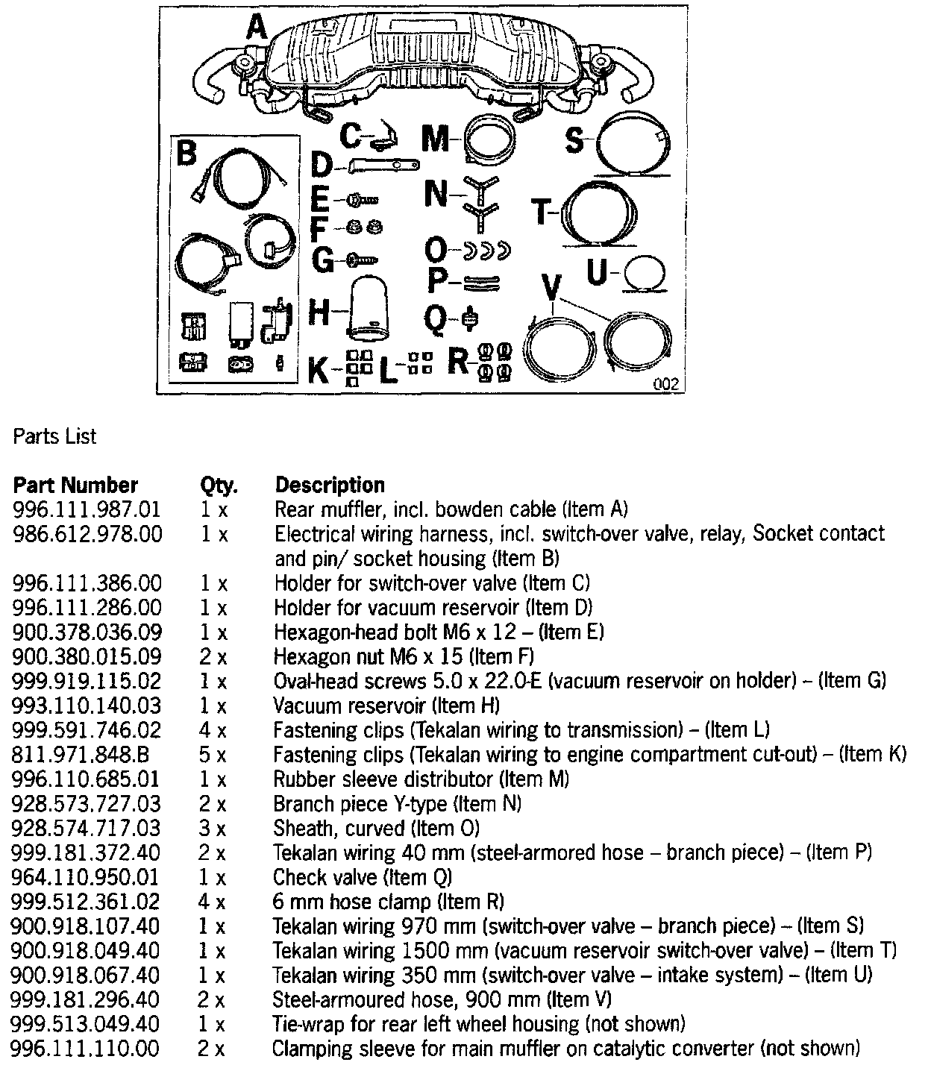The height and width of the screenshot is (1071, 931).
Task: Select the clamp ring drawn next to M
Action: pos(489,141)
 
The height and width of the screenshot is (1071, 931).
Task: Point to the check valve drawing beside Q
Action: pos(469,318)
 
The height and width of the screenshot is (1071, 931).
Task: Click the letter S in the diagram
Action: pos(574,139)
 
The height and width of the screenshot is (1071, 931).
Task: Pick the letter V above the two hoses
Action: pos(551,287)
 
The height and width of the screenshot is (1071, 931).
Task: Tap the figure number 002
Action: pos(665,384)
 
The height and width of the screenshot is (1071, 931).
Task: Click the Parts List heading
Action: pos(55,436)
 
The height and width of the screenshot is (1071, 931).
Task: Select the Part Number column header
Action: pos(75,486)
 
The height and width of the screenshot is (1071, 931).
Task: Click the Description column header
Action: pos(330,486)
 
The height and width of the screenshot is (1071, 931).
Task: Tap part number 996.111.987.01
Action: pos(87,510)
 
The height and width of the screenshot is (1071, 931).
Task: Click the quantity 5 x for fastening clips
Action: pos(213,755)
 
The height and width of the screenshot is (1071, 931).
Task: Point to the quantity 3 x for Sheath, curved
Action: pos(213,829)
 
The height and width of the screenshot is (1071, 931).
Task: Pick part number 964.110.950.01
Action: pos(87,878)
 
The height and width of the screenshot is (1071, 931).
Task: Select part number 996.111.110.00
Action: pos(87,1049)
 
